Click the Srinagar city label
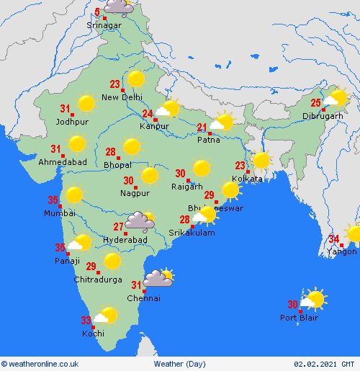pos(104,26)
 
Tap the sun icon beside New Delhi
pos(135,80)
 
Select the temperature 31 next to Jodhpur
pos(65,109)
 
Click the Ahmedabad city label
pos(63,163)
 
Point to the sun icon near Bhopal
pos(131,147)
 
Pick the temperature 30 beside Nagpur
pos(128,181)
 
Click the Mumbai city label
pos(59,213)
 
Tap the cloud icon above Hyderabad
pos(137,220)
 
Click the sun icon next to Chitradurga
pos(112,261)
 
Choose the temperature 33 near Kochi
pos(86,321)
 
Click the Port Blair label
pos(299,318)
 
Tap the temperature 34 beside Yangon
pos(334,238)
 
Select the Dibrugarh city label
pos(322,116)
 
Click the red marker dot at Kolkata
pos(248,171)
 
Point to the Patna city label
pos(209,140)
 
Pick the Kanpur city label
pos(155,126)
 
